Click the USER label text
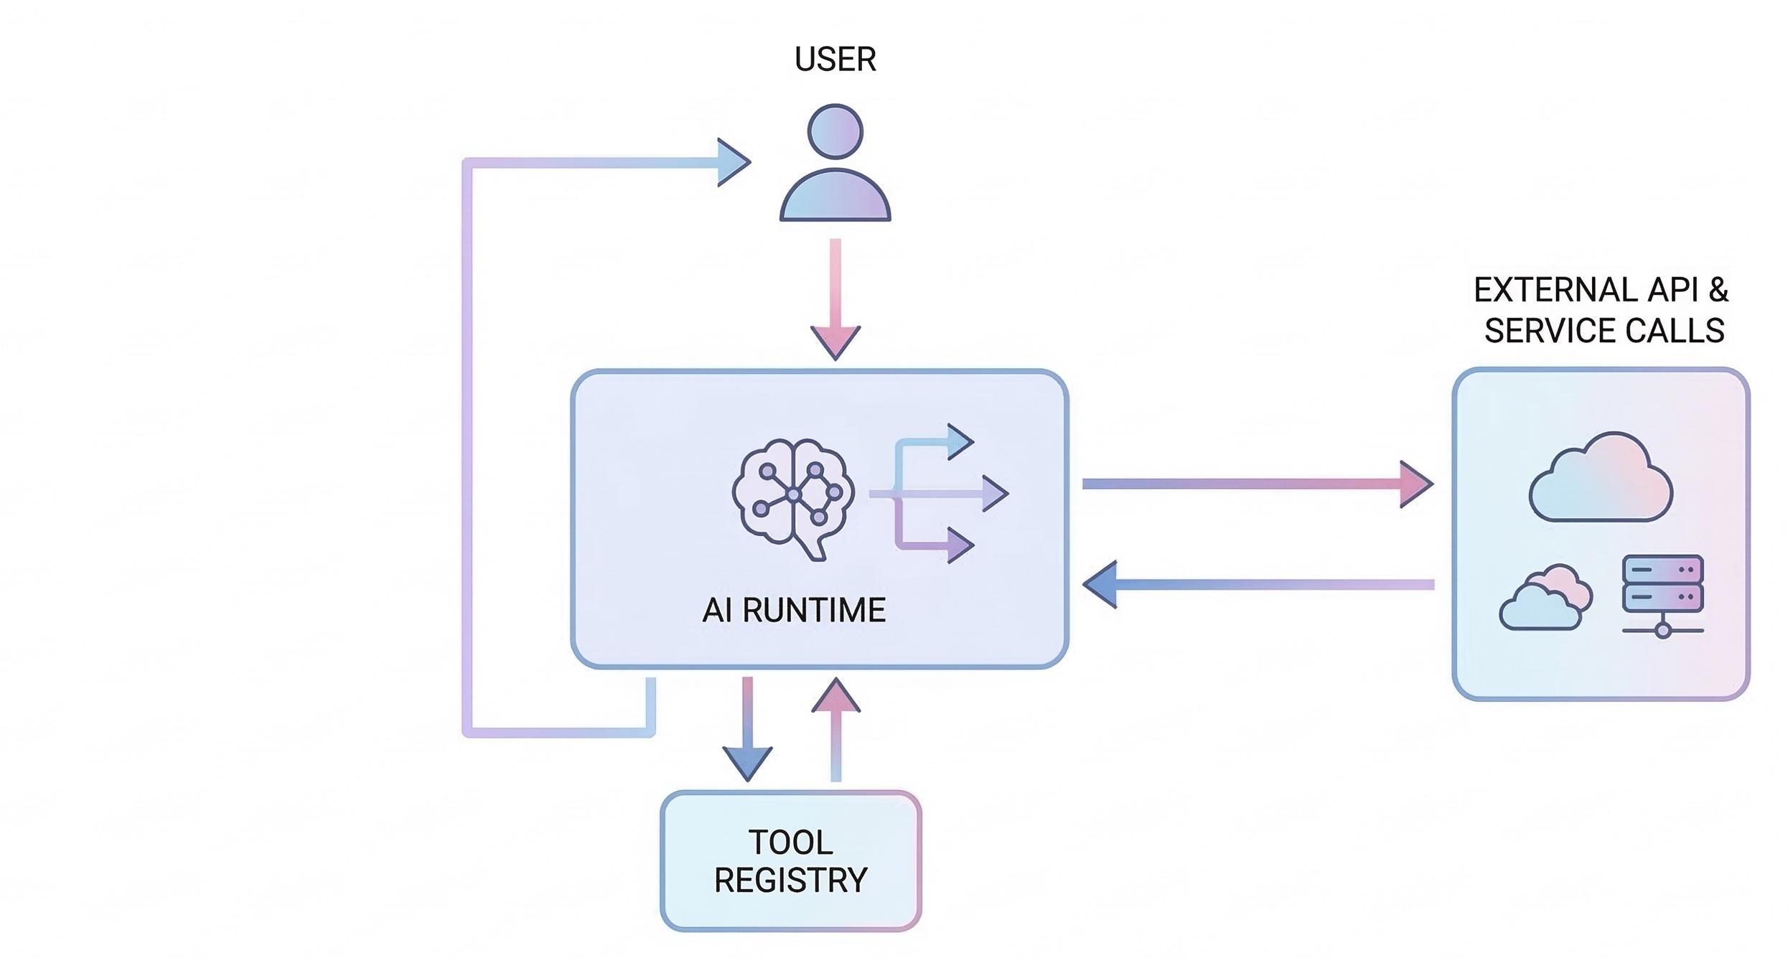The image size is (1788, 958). point(835,59)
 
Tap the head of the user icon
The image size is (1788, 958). point(835,131)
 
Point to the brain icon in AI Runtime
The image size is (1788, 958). point(793,495)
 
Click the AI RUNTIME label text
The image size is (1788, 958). point(794,610)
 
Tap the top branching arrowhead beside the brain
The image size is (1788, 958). point(960,441)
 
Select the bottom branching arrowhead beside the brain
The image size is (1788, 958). point(960,545)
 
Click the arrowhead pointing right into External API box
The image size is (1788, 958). point(1415,484)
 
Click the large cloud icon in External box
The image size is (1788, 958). point(1601,479)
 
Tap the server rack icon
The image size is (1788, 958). point(1662,594)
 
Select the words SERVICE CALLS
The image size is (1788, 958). point(1604,331)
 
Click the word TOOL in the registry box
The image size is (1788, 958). point(790,842)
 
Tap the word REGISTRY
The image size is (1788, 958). point(790,880)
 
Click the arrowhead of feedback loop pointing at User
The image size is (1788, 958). point(732,163)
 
